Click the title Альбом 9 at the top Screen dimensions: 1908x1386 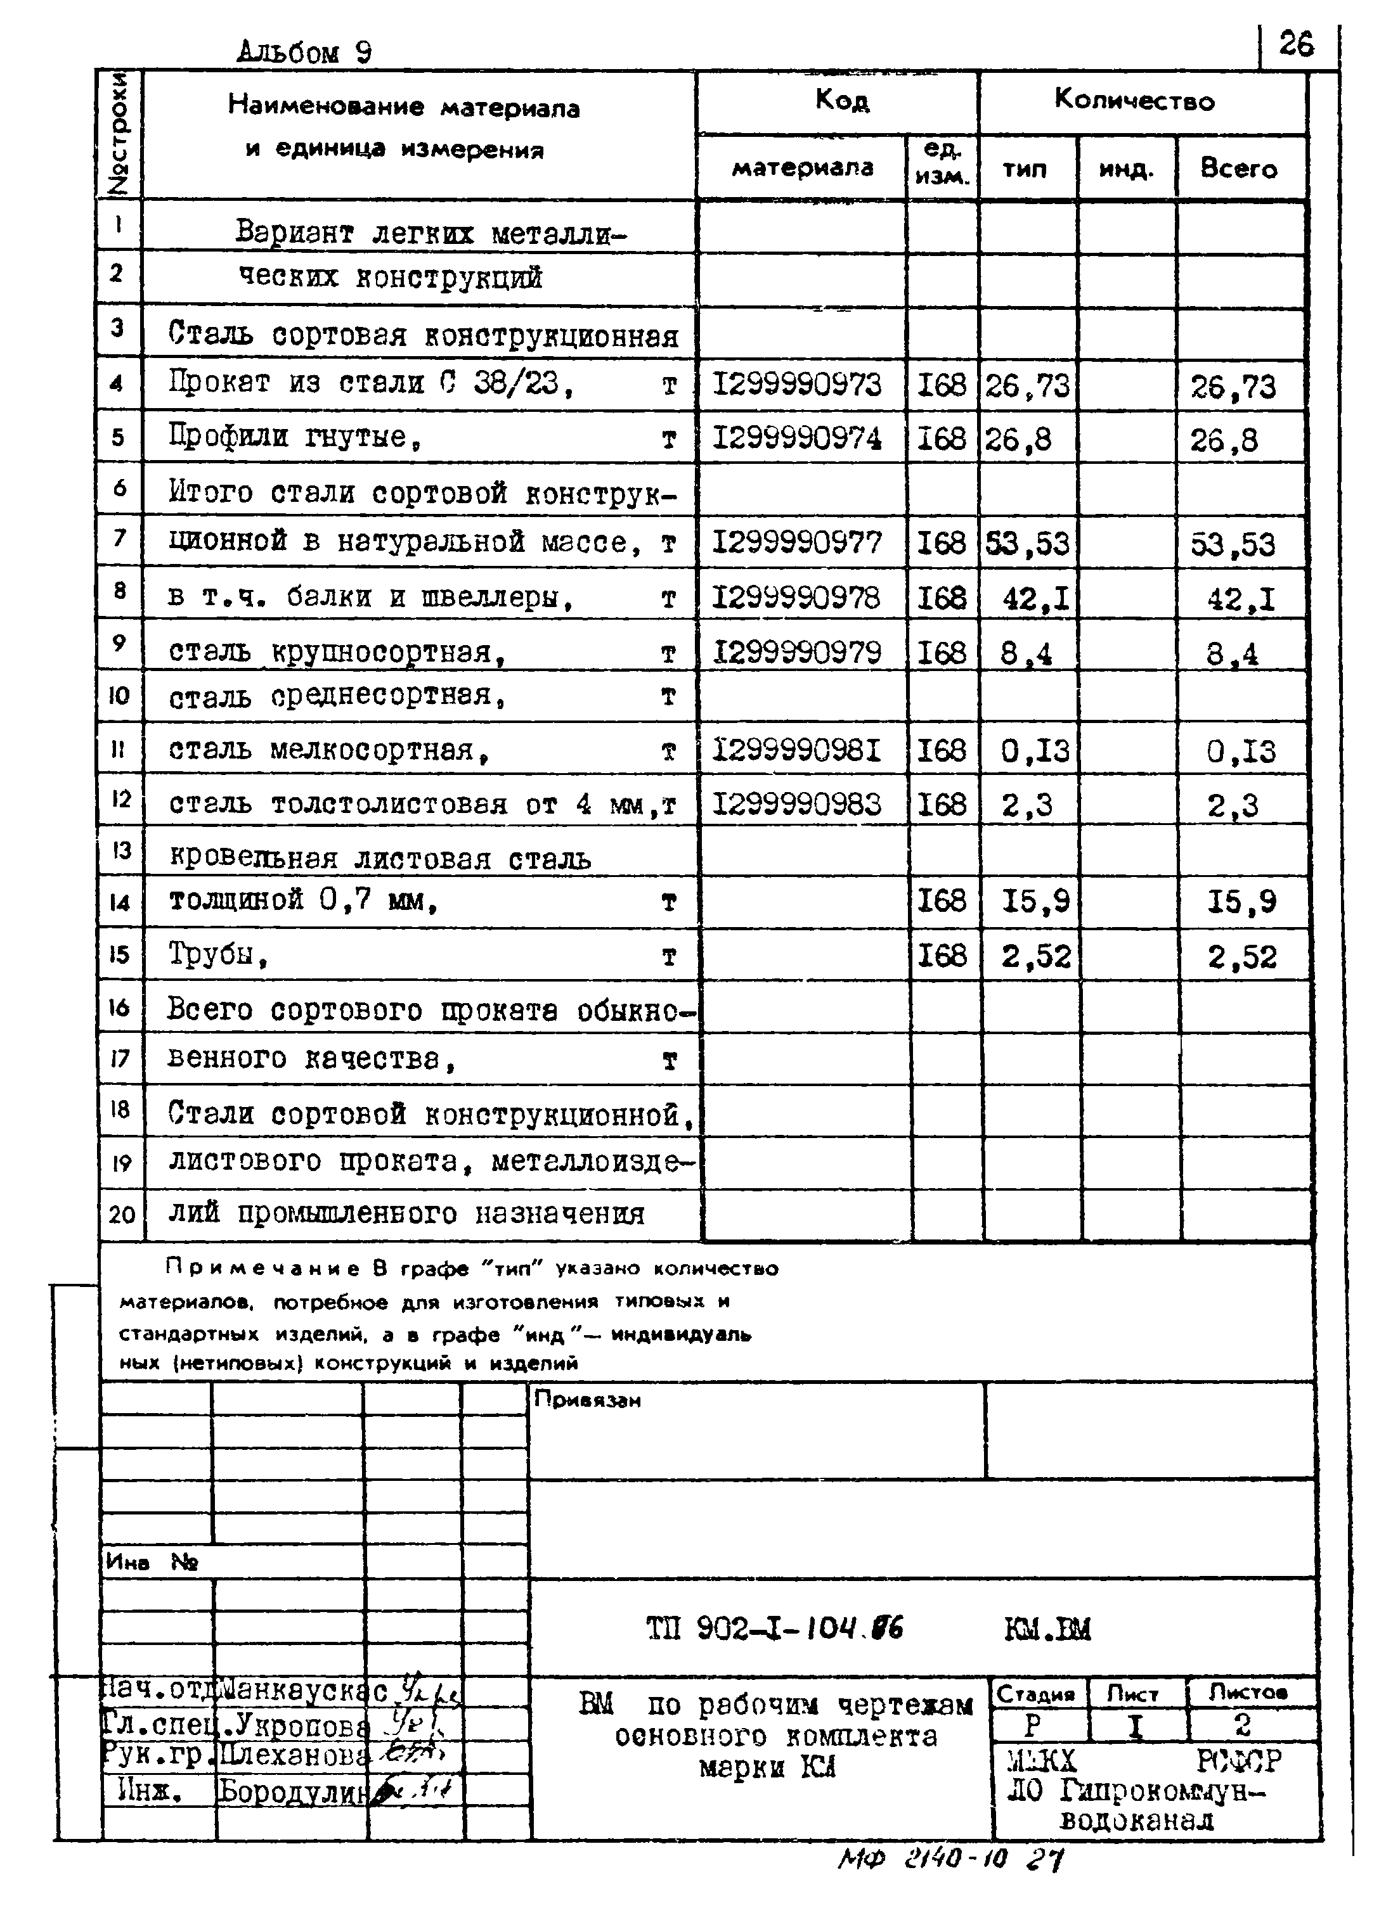(x=304, y=52)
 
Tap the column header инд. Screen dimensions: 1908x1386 (x=1125, y=170)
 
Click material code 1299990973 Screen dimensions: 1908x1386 (x=796, y=385)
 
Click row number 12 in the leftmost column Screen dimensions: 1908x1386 (x=120, y=798)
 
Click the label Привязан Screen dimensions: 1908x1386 (x=587, y=1400)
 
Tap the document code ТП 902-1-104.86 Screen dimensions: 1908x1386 (x=774, y=1630)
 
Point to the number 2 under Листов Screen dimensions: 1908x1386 (x=1242, y=1726)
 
